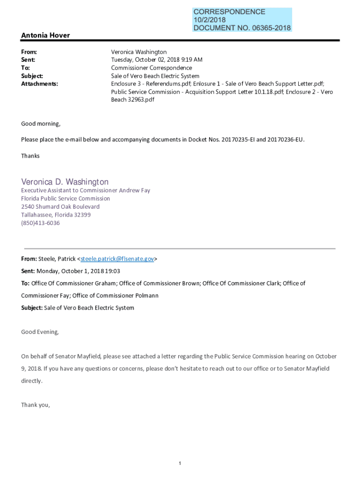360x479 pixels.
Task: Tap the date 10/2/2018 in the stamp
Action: coord(209,20)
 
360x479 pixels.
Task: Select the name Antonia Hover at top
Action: coord(45,36)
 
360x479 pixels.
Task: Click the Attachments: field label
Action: coord(40,84)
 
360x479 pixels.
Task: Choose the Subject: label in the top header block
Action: coord(32,76)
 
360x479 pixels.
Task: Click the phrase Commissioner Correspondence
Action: coord(151,68)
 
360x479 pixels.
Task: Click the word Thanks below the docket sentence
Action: coord(30,156)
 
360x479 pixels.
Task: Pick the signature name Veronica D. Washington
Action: coord(65,181)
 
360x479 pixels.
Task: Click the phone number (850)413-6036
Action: coord(40,223)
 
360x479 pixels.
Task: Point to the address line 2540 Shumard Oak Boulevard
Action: coord(60,207)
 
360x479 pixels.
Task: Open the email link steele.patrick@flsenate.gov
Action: coord(117,259)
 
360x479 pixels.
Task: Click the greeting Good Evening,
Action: coord(40,332)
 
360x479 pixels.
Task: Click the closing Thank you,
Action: coord(36,405)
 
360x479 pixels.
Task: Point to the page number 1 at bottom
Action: coord(180,463)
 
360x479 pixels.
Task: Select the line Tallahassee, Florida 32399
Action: coord(56,215)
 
